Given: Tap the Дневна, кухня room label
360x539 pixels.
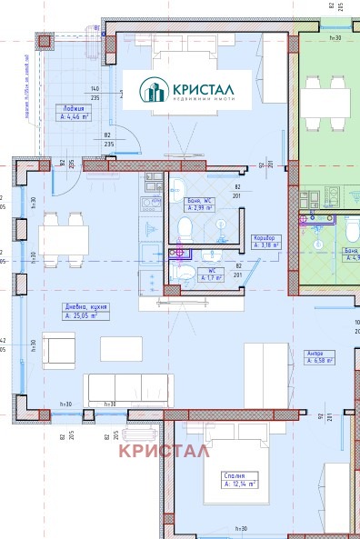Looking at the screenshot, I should (x=86, y=311).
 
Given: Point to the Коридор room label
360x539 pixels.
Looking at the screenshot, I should (x=266, y=241).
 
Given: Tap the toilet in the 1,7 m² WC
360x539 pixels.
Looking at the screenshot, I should (x=185, y=271).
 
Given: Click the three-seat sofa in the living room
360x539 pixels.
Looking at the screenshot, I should (x=128, y=389).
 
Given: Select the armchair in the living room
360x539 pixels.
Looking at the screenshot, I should (x=60, y=350).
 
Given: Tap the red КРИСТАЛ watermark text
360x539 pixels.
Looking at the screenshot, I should (x=164, y=450).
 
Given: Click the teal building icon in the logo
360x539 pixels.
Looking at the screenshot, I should (x=152, y=90).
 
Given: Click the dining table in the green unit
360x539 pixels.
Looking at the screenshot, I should (x=325, y=102).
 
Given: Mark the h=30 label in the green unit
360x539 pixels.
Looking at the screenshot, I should (x=335, y=38).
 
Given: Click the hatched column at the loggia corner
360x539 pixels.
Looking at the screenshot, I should (x=44, y=40).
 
